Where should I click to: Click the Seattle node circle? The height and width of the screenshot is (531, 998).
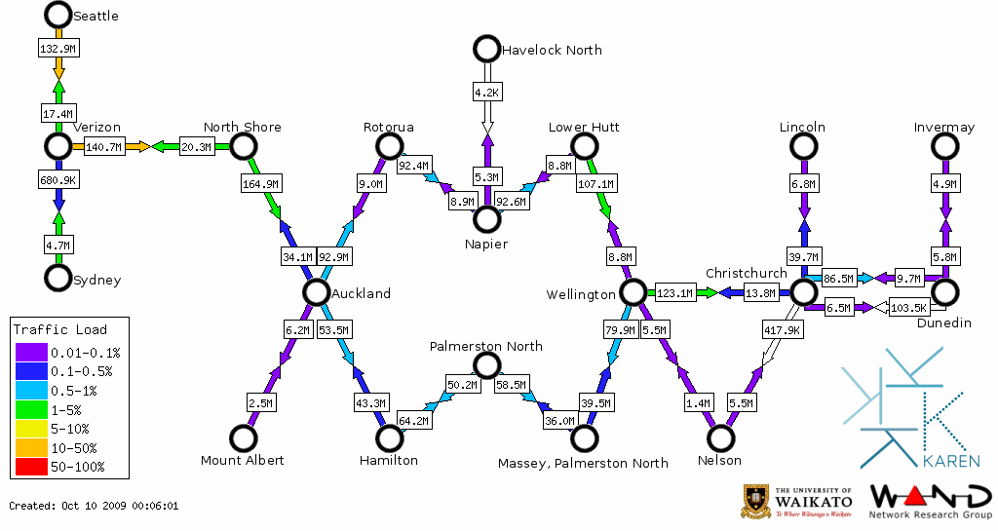[58, 15]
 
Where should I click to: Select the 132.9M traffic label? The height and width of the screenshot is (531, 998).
[58, 47]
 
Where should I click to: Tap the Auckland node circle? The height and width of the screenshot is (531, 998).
[315, 292]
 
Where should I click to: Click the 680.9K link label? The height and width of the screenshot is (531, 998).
[58, 180]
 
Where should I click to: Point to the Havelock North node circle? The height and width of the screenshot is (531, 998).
[485, 48]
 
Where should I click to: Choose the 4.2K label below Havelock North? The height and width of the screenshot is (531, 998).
[486, 93]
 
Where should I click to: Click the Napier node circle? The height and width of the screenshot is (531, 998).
[485, 219]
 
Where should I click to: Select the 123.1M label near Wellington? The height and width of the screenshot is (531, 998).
[674, 292]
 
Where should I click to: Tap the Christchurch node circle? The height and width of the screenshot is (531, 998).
[802, 292]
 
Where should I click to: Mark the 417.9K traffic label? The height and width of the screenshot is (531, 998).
[783, 330]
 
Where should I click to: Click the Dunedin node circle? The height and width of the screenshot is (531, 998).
[944, 292]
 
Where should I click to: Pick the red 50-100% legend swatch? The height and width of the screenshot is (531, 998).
[30, 467]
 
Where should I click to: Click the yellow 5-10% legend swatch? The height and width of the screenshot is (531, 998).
[30, 429]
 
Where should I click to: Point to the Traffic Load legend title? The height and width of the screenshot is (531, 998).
[60, 329]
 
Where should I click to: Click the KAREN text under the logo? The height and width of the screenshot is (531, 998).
[951, 460]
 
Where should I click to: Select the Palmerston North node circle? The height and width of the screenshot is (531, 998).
[485, 365]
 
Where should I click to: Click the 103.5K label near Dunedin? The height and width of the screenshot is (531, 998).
[907, 308]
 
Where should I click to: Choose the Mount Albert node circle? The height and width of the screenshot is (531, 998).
[242, 438]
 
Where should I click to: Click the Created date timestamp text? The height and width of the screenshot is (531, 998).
[94, 506]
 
